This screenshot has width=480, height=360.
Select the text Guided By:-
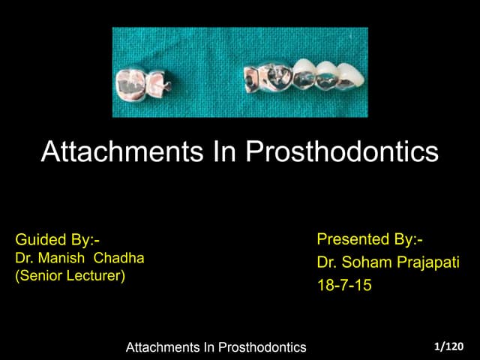(57, 241)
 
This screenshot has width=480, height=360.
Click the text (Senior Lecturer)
(70, 274)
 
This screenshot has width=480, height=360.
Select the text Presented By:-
(370, 240)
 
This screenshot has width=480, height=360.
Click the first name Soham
(364, 262)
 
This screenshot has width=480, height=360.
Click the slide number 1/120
(448, 346)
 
